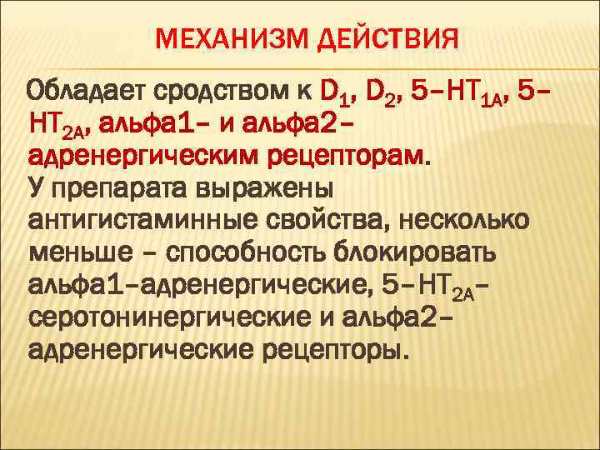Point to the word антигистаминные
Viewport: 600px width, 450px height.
147,221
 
